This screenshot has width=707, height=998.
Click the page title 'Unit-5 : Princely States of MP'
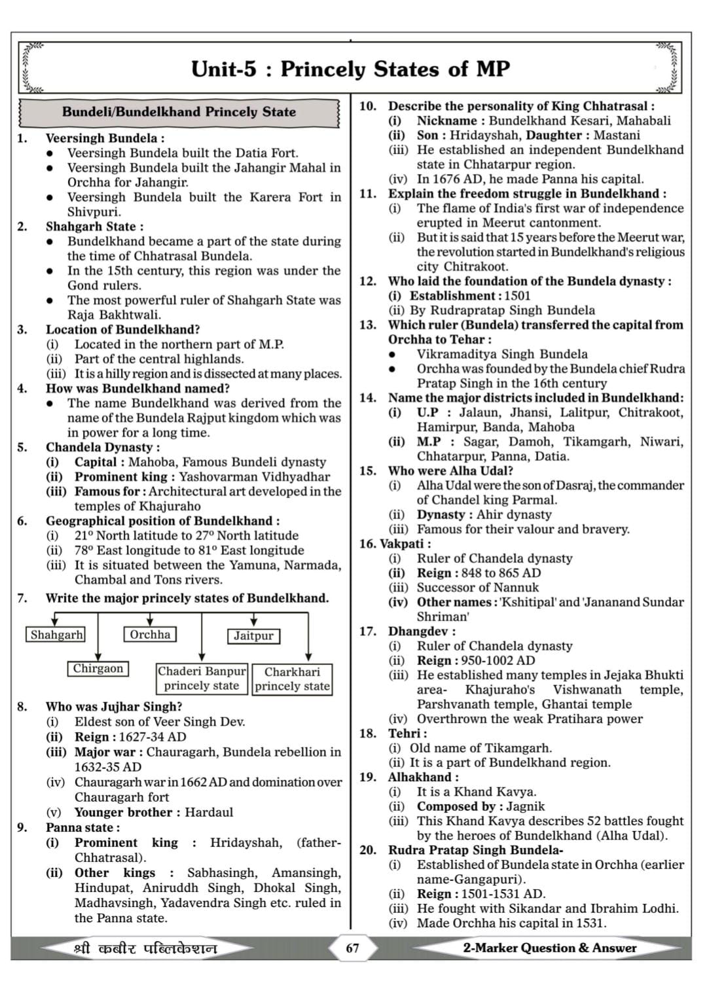350,69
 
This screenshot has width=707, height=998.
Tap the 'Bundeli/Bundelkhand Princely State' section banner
179,112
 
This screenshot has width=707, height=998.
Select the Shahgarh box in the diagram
57,635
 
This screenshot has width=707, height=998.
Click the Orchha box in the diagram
150,634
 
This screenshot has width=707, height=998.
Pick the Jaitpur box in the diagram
253,635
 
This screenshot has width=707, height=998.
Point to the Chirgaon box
98,668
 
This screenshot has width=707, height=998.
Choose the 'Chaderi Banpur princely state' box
202,679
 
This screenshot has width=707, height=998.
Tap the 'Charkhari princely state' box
292,679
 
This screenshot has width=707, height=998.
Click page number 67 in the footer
352,948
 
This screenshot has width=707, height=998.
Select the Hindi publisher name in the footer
145,948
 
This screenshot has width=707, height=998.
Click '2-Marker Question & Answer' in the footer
549,948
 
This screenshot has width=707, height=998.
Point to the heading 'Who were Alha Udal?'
450,471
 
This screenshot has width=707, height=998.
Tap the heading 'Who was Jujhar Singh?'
114,707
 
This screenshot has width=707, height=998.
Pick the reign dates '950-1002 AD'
498,660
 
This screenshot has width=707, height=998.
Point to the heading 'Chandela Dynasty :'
103,448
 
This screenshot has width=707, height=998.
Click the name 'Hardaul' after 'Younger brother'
209,812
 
